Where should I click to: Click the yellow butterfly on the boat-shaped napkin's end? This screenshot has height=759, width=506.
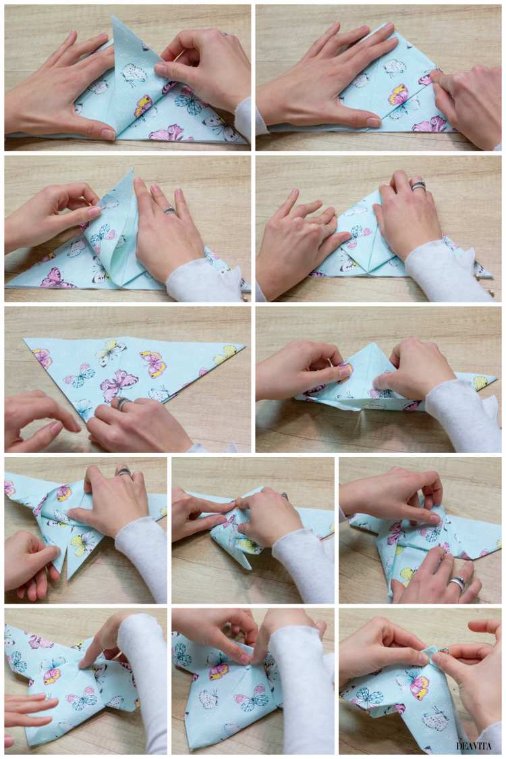[480, 383]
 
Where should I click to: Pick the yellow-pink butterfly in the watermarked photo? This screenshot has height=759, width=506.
[418, 687]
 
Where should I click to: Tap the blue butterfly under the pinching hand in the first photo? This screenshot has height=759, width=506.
[188, 101]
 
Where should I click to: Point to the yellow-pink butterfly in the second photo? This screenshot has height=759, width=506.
[399, 94]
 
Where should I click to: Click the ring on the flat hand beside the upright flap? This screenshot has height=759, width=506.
[170, 211]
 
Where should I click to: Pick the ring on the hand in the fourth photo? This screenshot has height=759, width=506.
[419, 184]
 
